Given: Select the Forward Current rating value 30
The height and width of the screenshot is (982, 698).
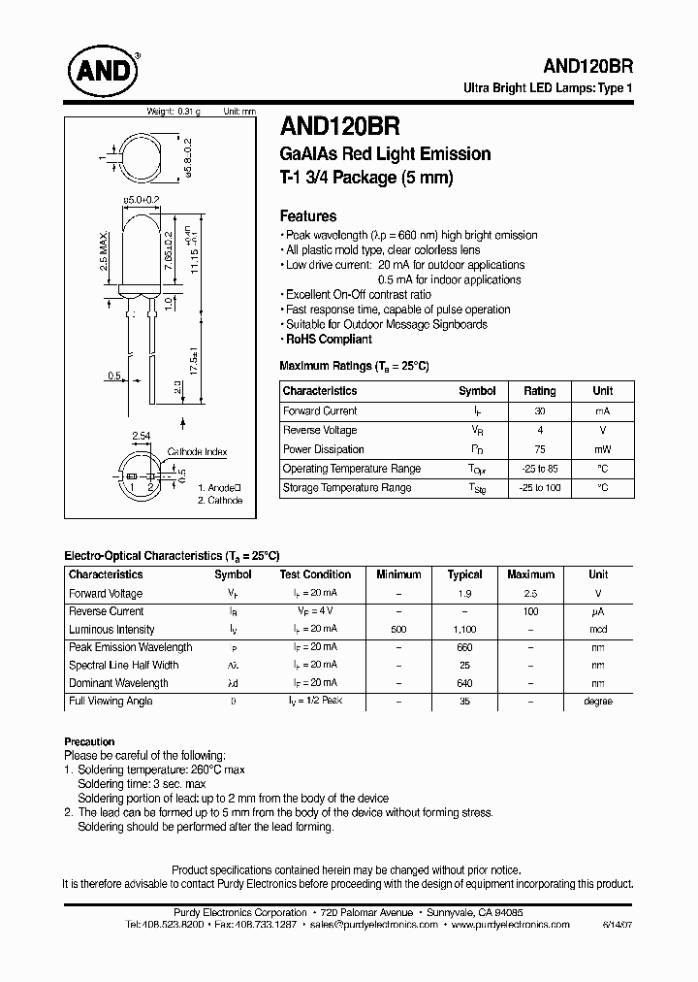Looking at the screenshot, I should pos(539,411).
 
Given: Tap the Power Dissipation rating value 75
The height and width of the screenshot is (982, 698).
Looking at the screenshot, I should pos(539,449).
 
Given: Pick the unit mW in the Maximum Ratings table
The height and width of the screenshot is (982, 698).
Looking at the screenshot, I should pos(602,449).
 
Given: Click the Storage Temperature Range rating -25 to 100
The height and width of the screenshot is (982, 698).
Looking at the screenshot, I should pos(539,488).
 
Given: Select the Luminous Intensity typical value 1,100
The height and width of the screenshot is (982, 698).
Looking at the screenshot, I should pos(464,630).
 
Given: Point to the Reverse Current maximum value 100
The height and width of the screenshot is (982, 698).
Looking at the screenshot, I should pos(529,612).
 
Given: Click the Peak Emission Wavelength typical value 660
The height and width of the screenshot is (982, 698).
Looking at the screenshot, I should pos(464,647).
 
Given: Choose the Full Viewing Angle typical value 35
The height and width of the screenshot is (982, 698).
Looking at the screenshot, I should pos(464,701).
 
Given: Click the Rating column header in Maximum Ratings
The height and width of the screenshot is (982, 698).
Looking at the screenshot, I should pos(539,391).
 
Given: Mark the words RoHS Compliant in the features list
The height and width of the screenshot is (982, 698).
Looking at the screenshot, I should pos(329,340).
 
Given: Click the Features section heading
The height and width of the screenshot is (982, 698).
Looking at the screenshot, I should pos(307,216).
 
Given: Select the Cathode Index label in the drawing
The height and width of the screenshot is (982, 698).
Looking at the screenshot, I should pos(198,452).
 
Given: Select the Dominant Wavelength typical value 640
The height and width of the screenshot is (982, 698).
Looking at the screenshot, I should pos(464,683).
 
